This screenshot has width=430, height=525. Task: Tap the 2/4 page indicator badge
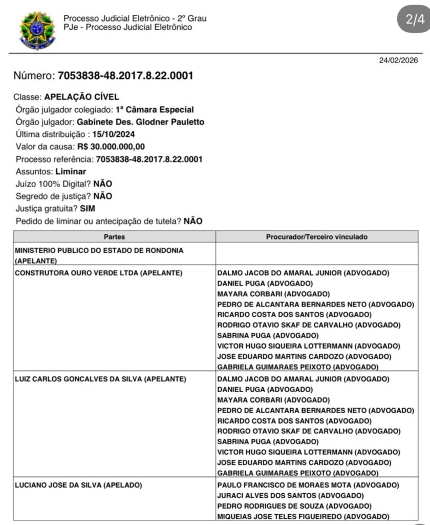click(415, 19)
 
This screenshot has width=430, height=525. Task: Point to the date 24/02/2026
click(398, 60)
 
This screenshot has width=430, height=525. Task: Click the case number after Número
click(125, 76)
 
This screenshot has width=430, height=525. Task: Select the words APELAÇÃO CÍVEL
click(82, 97)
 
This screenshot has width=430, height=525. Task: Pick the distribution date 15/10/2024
click(106, 134)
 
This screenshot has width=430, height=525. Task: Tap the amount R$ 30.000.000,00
click(111, 147)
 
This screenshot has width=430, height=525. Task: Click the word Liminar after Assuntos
click(71, 172)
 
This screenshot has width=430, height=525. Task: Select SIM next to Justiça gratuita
click(88, 209)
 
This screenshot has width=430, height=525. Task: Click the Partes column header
click(114, 237)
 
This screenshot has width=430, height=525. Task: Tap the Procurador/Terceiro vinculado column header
click(316, 237)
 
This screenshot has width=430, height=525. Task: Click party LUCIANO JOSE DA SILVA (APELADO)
click(78, 485)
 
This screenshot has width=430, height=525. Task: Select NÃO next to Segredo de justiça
click(102, 196)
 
